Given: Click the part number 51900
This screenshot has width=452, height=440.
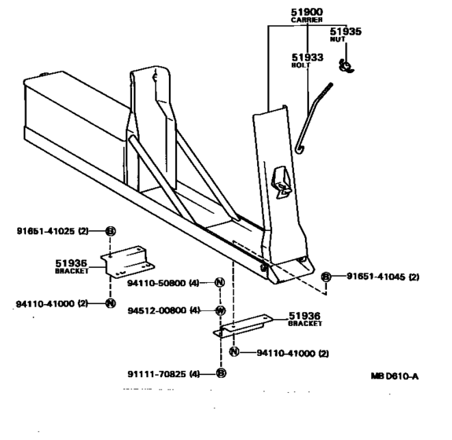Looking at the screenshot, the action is (x=307, y=12).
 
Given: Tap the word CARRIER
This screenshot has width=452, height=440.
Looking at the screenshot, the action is (x=307, y=20).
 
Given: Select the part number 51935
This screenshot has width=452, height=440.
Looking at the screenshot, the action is (x=345, y=31).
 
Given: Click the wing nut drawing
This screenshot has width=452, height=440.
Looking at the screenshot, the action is (x=346, y=66).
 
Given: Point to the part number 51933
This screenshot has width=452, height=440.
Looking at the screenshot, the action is (x=307, y=57).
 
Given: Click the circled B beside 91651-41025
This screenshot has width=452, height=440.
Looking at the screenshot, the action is (x=110, y=231).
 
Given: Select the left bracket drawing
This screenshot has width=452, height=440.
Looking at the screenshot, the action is (x=127, y=262).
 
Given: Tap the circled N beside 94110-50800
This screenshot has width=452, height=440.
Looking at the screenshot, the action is (x=219, y=282).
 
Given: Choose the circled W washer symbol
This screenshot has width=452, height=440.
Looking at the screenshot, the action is (x=221, y=310).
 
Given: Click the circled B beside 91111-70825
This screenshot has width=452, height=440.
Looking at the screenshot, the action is (x=221, y=373).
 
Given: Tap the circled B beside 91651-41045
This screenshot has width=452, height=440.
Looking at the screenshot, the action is (x=326, y=277).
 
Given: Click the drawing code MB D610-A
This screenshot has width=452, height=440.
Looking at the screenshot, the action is (x=395, y=376).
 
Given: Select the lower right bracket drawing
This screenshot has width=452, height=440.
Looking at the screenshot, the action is (x=243, y=325).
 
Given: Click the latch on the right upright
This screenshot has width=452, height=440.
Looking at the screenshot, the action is (x=281, y=182).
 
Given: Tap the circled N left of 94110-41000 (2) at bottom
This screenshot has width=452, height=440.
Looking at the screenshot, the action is (x=234, y=351).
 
